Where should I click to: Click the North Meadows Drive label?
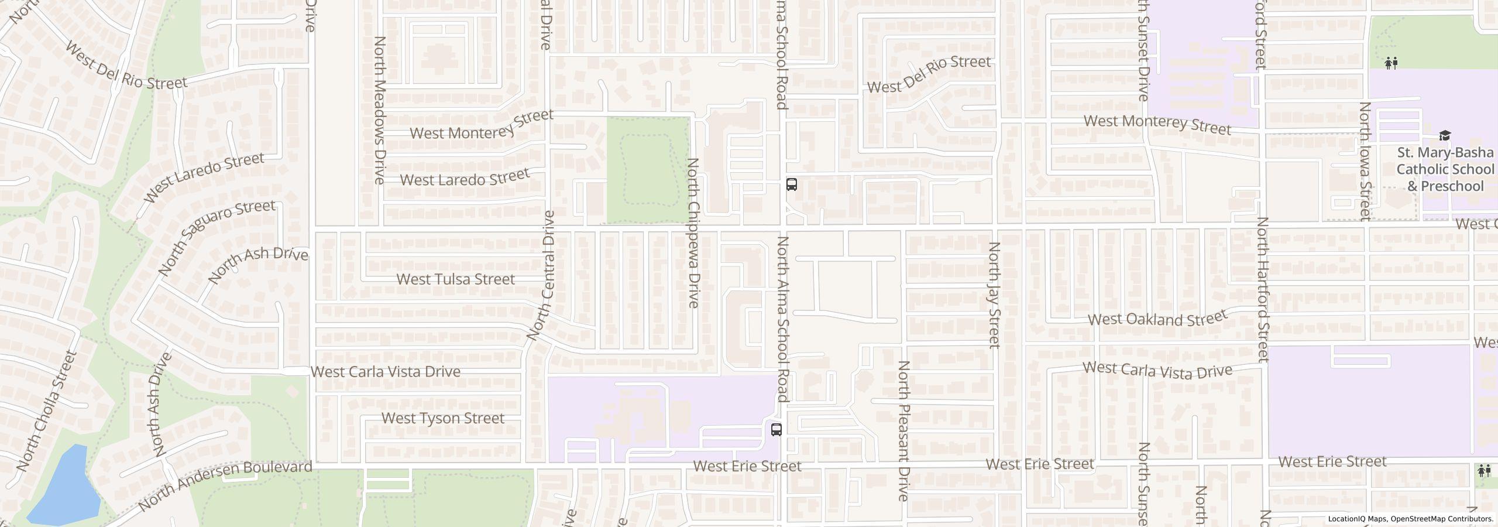tap(380, 110)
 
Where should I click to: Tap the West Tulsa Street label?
tap(455, 279)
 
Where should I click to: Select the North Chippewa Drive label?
tap(693, 232)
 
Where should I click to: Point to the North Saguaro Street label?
tap(217, 237)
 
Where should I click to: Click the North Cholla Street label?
tap(47, 411)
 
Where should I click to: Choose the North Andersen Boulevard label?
tap(225, 485)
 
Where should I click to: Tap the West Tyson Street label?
tap(442, 418)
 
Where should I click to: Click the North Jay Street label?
tap(994, 295)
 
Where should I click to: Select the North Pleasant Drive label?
tap(904, 431)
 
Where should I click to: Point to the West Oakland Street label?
tap(1157, 319)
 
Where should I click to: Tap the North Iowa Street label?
tap(1366, 161)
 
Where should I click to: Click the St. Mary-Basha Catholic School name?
tap(1445, 169)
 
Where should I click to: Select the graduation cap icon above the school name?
tap(1445, 136)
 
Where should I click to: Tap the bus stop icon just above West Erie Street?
tap(776, 430)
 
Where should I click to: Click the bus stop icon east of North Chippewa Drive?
tap(791, 184)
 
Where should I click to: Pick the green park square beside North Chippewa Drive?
tap(647, 170)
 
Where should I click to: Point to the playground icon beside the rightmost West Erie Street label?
tap(1485, 470)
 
